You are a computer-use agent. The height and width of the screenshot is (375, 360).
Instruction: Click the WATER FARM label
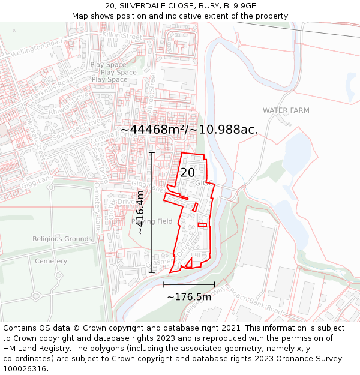pyautogui.click(x=286, y=110)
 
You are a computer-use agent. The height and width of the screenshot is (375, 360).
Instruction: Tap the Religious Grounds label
pyautogui.click(x=62, y=239)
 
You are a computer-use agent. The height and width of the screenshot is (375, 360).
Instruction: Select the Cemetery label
pyautogui.click(x=51, y=261)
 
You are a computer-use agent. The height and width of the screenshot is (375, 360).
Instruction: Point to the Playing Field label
pyautogui.click(x=152, y=221)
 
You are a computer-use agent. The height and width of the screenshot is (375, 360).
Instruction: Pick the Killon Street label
pyautogui.click(x=122, y=37)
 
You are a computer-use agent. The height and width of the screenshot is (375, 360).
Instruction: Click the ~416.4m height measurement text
pyautogui.click(x=140, y=212)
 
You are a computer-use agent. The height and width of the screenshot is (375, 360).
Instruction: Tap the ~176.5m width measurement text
pyautogui.click(x=189, y=297)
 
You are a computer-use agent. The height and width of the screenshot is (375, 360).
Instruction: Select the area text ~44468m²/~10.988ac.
pyautogui.click(x=189, y=130)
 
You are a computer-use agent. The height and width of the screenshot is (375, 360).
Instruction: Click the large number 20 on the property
pyautogui.click(x=187, y=173)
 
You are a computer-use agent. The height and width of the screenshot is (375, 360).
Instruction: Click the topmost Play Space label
pyautogui.click(x=109, y=65)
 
